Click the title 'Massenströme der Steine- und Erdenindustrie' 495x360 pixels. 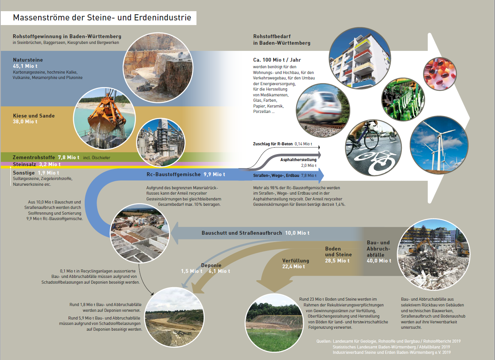pyautogui.click(x=102, y=18)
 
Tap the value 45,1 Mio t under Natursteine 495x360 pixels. pyautogui.click(x=25, y=66)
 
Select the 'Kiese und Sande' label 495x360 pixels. pyautogui.click(x=34, y=116)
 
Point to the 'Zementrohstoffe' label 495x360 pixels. pyautogui.click(x=34, y=157)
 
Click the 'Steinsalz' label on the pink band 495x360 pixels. pyautogui.click(x=24, y=164)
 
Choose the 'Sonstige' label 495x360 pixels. pyautogui.click(x=24, y=173)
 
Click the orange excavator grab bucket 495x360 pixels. pyautogui.click(x=107, y=117)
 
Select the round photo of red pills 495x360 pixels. pyautogui.click(x=440, y=74)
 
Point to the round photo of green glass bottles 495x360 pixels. pyautogui.click(x=403, y=99)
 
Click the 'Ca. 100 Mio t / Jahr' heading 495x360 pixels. pyautogui.click(x=277, y=60)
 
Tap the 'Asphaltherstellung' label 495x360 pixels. pyautogui.click(x=298, y=160)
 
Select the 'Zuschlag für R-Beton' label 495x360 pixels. pyautogui.click(x=273, y=144)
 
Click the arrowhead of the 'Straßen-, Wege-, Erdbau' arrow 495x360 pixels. pyautogui.click(x=321, y=176)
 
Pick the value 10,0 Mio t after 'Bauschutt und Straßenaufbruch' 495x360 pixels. pyautogui.click(x=297, y=233)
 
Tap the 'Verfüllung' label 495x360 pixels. pyautogui.click(x=296, y=261)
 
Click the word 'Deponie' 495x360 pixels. pyautogui.click(x=211, y=265)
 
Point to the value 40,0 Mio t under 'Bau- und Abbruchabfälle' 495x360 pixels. pyautogui.click(x=379, y=261)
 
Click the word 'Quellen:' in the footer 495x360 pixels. pyautogui.click(x=324, y=341)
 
